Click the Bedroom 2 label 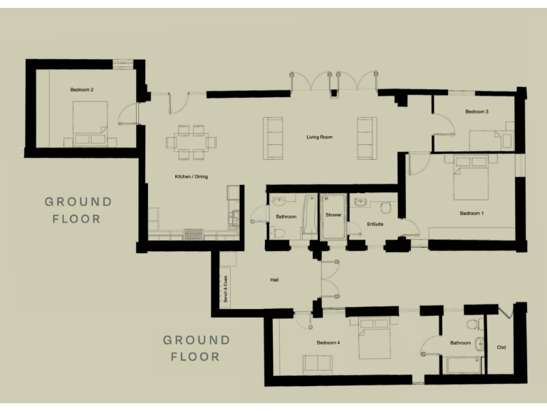(82, 90)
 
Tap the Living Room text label (320, 137)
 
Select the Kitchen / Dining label (192, 177)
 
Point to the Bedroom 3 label (476, 112)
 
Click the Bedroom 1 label (472, 213)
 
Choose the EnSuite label (375, 225)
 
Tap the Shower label (333, 215)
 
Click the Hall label (274, 280)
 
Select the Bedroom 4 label (328, 343)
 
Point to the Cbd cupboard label (501, 347)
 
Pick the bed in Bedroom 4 (374, 341)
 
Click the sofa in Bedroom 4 (318, 365)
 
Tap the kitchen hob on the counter (194, 233)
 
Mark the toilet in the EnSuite (386, 208)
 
